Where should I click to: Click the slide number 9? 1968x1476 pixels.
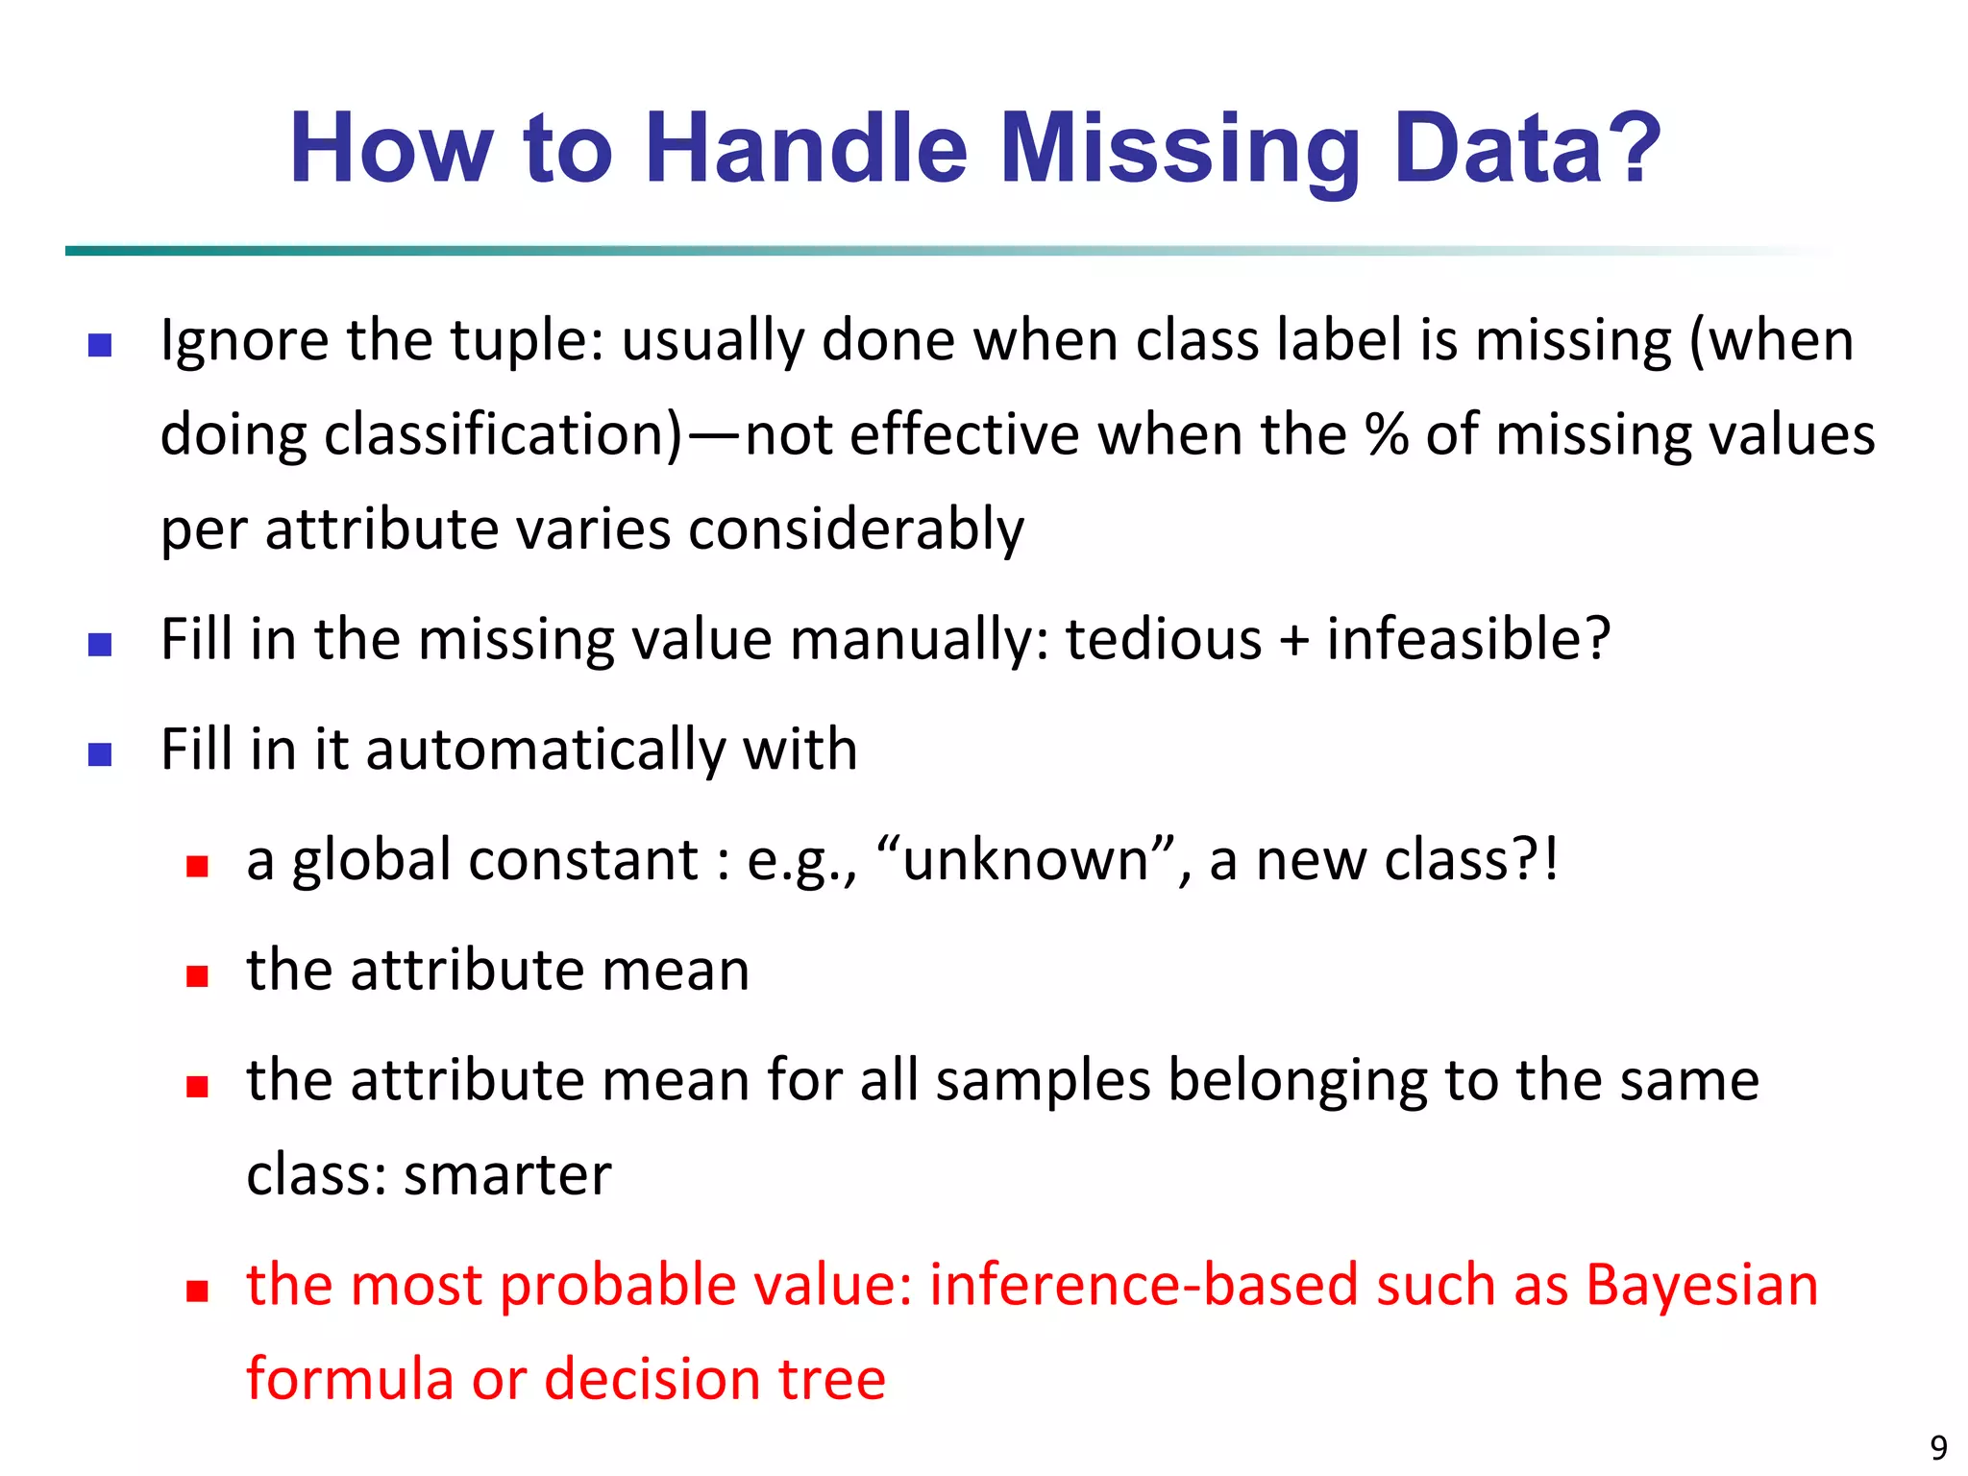1938,1447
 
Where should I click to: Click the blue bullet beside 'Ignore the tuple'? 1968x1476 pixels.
100,345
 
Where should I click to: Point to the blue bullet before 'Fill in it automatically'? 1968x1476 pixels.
100,754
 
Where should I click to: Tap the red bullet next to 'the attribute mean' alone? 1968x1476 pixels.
197,976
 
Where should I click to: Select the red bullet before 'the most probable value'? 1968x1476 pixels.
197,1291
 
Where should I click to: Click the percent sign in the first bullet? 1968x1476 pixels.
1387,434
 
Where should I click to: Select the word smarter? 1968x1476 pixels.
507,1174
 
